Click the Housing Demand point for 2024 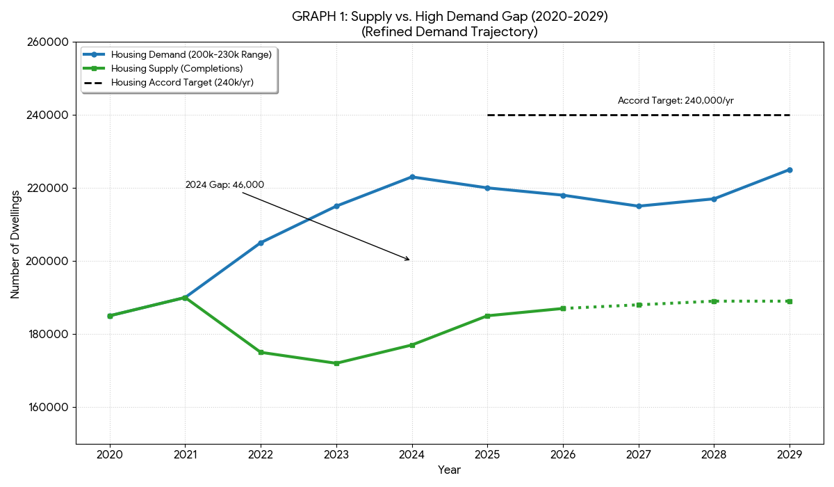pyautogui.click(x=412, y=177)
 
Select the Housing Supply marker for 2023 pyautogui.click(x=336, y=363)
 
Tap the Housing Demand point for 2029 pyautogui.click(x=790, y=170)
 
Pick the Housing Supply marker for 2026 pyautogui.click(x=563, y=308)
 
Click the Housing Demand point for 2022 pyautogui.click(x=261, y=243)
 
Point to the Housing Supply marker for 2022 pyautogui.click(x=261, y=352)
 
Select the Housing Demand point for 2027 pyautogui.click(x=639, y=206)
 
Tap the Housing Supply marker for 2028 pyautogui.click(x=714, y=301)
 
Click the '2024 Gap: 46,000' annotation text pyautogui.click(x=224, y=184)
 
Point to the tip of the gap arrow pyautogui.click(x=410, y=260)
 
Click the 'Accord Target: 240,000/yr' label pyautogui.click(x=676, y=100)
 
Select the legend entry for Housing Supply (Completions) pyautogui.click(x=177, y=68)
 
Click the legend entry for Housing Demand pyautogui.click(x=191, y=54)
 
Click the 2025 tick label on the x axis pyautogui.click(x=487, y=454)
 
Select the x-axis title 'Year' pyautogui.click(x=449, y=470)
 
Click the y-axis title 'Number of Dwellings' pyautogui.click(x=15, y=243)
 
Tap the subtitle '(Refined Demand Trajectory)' pyautogui.click(x=450, y=31)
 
